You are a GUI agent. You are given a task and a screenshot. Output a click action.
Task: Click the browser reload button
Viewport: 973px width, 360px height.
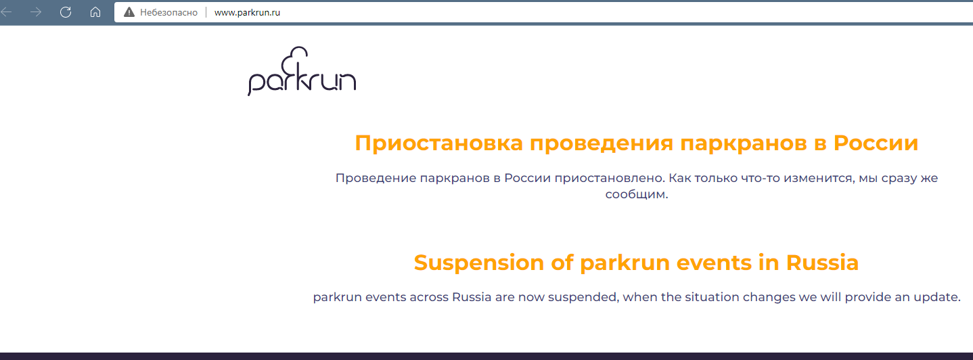pyautogui.click(x=66, y=12)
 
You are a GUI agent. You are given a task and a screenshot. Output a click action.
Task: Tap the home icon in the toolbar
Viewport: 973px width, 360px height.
pyautogui.click(x=95, y=12)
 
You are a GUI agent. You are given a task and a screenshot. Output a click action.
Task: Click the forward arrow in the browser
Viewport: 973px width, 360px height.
pyautogui.click(x=36, y=12)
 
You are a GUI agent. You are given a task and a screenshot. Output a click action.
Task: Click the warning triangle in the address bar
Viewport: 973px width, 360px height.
pyautogui.click(x=129, y=12)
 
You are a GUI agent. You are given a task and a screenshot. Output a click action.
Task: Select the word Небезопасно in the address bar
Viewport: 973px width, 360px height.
pyautogui.click(x=168, y=13)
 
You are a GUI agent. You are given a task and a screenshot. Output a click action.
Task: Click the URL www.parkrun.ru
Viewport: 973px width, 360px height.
pyautogui.click(x=247, y=13)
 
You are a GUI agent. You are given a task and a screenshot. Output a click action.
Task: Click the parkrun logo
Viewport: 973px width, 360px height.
pyautogui.click(x=302, y=71)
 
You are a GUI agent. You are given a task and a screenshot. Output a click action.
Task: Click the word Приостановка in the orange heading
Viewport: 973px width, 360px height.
pyautogui.click(x=438, y=143)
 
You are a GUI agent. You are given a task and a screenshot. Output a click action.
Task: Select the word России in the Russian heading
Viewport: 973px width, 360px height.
pyautogui.click(x=876, y=143)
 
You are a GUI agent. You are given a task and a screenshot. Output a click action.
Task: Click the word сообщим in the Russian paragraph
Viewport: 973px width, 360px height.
pyautogui.click(x=635, y=194)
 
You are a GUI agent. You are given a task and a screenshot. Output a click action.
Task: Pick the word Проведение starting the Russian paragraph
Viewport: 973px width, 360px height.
pyautogui.click(x=376, y=178)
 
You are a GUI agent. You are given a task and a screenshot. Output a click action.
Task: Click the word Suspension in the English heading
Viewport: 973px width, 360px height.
pyautogui.click(x=478, y=263)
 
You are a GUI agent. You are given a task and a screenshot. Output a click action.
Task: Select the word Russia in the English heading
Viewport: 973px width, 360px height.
pyautogui.click(x=822, y=263)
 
